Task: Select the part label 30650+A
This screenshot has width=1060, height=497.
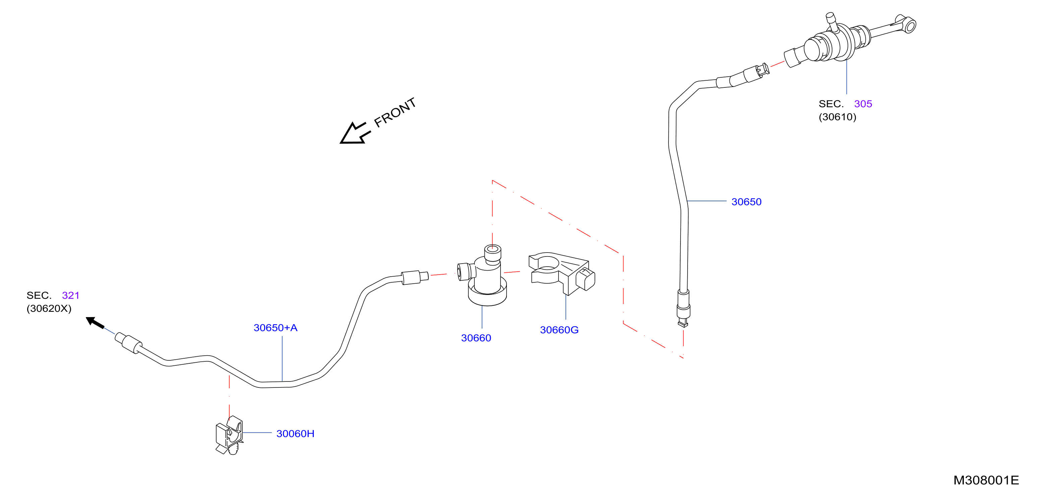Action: pos(275,328)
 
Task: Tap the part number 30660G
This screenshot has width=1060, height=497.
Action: pos(559,330)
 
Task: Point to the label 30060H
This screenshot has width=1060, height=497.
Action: pos(295,433)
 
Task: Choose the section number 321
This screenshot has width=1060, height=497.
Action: pos(71,295)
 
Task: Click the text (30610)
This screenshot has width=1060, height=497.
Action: pos(837,117)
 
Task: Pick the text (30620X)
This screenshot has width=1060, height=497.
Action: pos(49,308)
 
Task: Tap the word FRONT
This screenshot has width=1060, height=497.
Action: pos(395,112)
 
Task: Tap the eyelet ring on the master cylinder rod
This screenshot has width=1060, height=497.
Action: pos(910,25)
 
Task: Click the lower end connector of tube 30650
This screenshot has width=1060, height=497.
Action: pos(683,308)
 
